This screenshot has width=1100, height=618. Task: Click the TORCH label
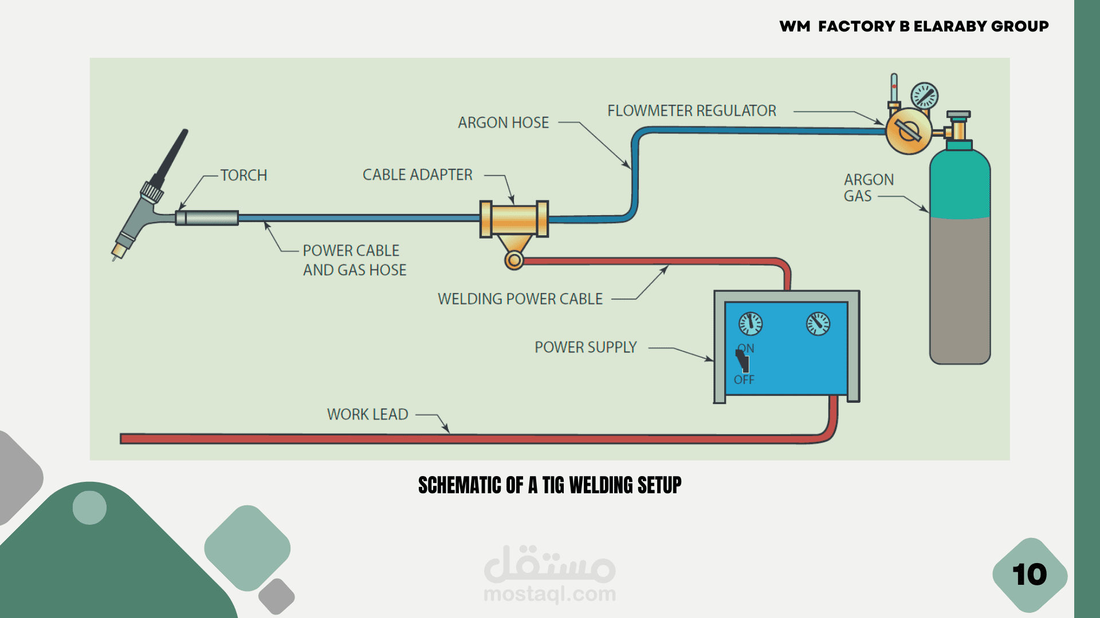[x=243, y=175]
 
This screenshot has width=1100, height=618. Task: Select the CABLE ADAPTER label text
[x=417, y=175]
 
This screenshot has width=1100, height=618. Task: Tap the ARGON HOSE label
[x=503, y=122]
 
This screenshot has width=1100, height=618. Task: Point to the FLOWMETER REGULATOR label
[x=692, y=110]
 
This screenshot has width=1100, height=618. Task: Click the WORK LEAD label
[x=367, y=414]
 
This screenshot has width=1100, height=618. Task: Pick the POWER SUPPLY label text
[x=585, y=347]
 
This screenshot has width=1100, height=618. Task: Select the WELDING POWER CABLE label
[x=520, y=299]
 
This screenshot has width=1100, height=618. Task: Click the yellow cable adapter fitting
[x=514, y=219]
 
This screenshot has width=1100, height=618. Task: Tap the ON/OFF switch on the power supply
[x=742, y=362]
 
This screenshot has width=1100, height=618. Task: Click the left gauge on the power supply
[x=750, y=324]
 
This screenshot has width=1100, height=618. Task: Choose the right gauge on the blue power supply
[x=818, y=324]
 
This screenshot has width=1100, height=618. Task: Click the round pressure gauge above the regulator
[x=924, y=96]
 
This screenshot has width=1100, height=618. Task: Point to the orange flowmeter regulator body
[x=908, y=131]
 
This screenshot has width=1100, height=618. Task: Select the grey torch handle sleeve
[x=207, y=218]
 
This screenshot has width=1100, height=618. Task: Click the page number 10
[x=1030, y=575]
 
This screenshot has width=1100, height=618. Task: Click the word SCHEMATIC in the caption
[x=460, y=485]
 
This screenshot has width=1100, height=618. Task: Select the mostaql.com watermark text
[x=549, y=594]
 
